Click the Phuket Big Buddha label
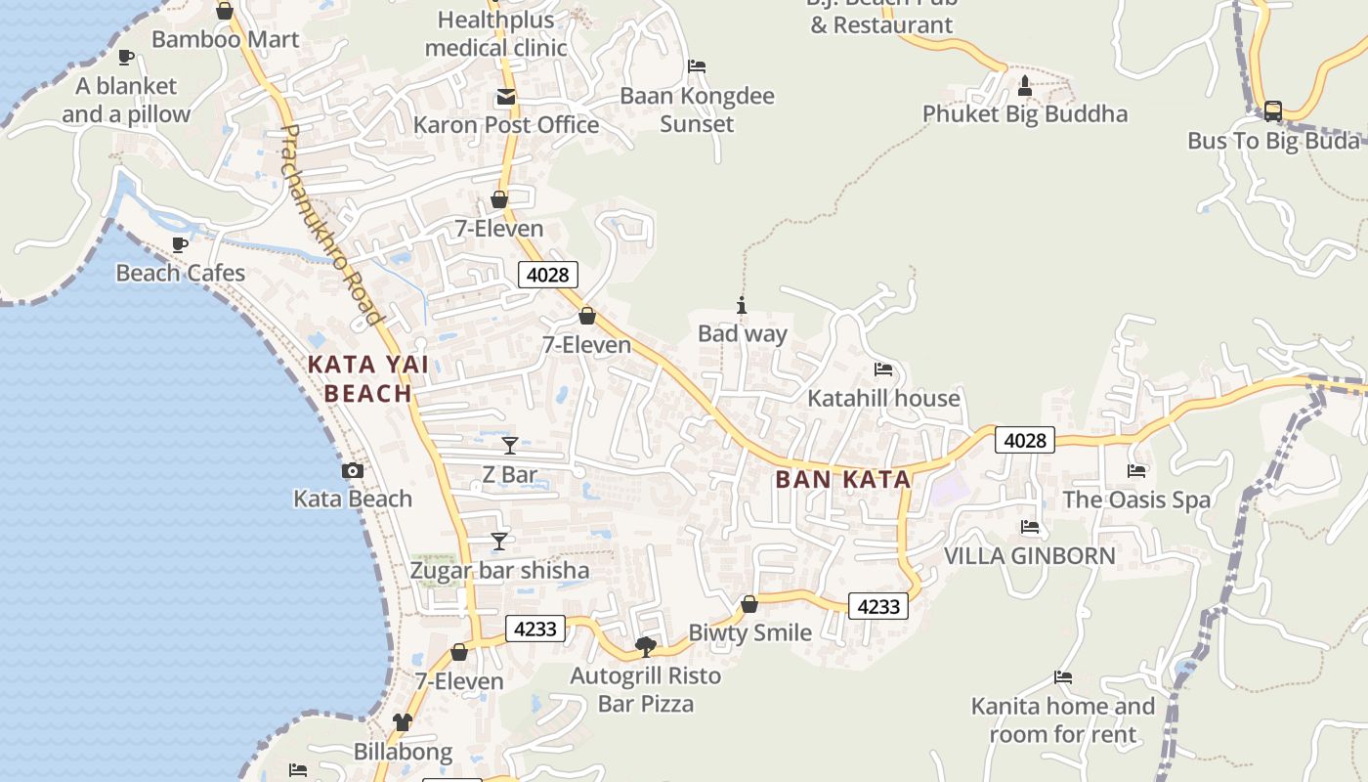[x=1024, y=113]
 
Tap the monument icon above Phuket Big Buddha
[x=1024, y=86]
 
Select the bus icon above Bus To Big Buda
[x=1272, y=111]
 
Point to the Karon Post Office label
[x=505, y=124]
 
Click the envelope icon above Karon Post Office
[x=505, y=97]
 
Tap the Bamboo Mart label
[x=225, y=39]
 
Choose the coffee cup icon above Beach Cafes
[x=180, y=244]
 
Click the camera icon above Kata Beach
[x=353, y=470]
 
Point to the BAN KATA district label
[x=842, y=479]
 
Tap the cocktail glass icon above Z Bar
[x=509, y=446]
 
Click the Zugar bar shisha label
[x=499, y=570]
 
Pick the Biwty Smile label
[x=749, y=631]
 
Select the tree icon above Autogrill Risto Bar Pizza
[x=645, y=646]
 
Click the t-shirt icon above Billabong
[x=403, y=722]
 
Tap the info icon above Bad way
[x=742, y=305]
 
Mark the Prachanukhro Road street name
[x=329, y=225]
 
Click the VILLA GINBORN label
[x=1029, y=555]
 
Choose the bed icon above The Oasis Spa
[x=1135, y=471]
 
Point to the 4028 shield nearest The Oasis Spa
[x=1025, y=440]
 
